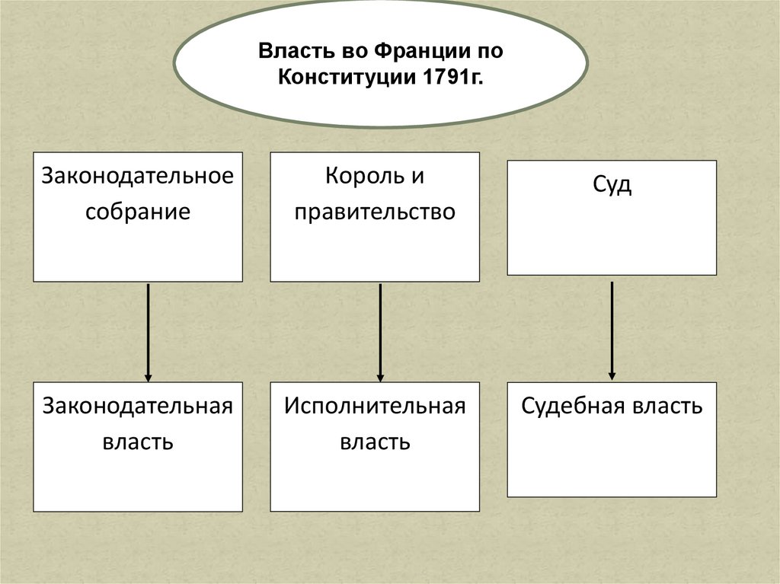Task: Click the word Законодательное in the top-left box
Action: click(137, 176)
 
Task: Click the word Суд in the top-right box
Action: click(612, 185)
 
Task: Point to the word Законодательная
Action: click(137, 406)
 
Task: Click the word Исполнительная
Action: click(375, 406)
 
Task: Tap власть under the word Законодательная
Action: click(137, 441)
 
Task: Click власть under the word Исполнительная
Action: click(375, 441)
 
